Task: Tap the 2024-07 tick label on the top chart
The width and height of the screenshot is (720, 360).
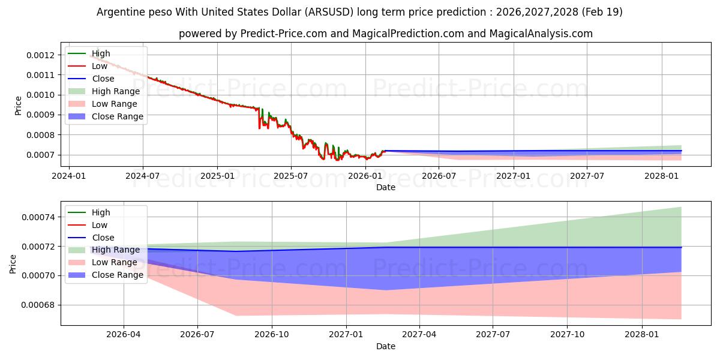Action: (143, 176)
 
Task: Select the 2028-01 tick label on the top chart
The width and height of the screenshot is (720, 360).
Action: (662, 176)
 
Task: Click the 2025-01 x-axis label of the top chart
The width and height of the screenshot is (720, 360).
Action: (217, 176)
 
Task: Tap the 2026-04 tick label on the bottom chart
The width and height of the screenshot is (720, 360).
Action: (124, 335)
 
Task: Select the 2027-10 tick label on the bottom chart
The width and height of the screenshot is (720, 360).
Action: (568, 335)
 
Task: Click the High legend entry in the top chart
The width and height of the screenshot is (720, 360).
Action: (101, 53)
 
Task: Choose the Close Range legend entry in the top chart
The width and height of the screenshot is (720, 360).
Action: (117, 116)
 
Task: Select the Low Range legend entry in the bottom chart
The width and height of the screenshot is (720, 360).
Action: (114, 262)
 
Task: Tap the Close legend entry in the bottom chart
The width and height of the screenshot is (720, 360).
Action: (103, 238)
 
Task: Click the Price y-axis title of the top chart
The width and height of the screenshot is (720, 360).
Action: (18, 106)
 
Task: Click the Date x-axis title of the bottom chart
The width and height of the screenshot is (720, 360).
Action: (385, 346)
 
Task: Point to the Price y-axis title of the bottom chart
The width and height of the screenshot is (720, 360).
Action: (13, 263)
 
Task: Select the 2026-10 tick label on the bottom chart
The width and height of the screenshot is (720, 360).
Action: (272, 335)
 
